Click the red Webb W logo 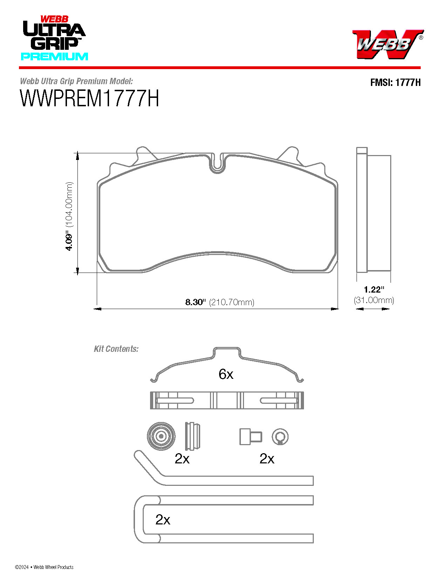tap(387, 44)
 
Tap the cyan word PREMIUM tap(54, 56)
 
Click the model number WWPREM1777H tap(90, 99)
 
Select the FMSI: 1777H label tap(395, 82)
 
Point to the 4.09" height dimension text tap(69, 242)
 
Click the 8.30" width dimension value tap(195, 302)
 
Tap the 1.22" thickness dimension tap(374, 289)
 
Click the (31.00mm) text tap(374, 300)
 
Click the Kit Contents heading tap(116, 349)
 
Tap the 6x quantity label tap(226, 374)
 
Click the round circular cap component tap(161, 436)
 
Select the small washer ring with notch tap(280, 436)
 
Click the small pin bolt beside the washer tap(250, 436)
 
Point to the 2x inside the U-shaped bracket tap(163, 520)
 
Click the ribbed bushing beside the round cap tap(193, 436)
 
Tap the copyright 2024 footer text tap(44, 567)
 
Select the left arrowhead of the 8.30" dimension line tap(97, 309)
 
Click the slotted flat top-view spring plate tap(227, 400)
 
